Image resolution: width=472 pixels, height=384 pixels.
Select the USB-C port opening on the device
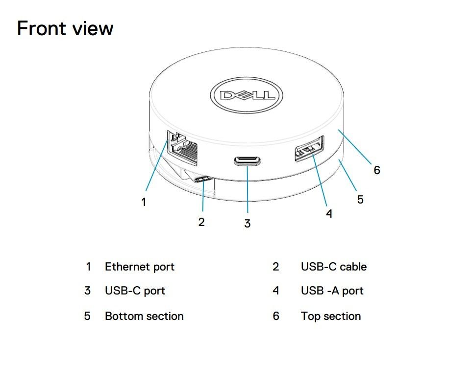tap(248, 161)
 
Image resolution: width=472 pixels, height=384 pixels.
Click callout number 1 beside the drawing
tap(144, 202)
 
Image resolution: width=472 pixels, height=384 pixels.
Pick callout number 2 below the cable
tap(201, 222)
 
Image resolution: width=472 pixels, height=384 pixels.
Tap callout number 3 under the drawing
tap(248, 224)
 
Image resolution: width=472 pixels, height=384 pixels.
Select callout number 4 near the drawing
tap(329, 214)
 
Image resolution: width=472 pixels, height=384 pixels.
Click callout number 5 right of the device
tap(360, 200)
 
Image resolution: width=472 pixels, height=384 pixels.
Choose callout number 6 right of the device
tap(376, 170)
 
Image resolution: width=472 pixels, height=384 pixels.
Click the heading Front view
tap(65, 28)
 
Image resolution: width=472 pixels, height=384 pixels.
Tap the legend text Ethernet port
tap(139, 267)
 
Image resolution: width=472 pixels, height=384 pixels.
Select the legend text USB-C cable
tap(333, 267)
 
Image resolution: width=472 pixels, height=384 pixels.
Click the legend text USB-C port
tap(135, 291)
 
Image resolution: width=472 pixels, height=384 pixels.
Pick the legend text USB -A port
tap(332, 291)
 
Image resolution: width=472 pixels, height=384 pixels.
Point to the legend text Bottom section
tap(144, 316)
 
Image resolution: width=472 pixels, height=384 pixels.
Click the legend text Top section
tap(330, 316)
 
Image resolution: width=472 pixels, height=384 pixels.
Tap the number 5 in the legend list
tap(87, 316)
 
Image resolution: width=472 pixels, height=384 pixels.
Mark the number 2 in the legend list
tap(276, 267)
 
